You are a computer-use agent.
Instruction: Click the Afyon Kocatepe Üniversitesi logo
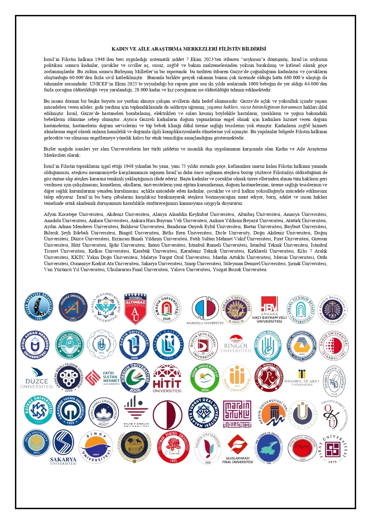(x=39, y=306)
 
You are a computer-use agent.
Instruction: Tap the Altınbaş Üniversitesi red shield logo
(x=135, y=309)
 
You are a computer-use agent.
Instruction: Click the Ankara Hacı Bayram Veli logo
(x=269, y=309)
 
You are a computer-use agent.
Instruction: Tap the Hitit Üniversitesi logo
(x=167, y=378)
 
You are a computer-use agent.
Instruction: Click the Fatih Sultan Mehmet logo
(x=103, y=378)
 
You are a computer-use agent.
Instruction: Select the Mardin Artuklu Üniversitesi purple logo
(x=237, y=414)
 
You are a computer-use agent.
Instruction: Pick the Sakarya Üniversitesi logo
(x=63, y=447)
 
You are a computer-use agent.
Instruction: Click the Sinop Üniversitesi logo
(x=96, y=447)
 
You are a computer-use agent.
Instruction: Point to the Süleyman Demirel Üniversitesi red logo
(x=173, y=447)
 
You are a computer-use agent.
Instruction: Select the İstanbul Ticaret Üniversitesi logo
(x=302, y=378)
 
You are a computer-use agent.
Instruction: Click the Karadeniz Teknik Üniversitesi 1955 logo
(x=70, y=411)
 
